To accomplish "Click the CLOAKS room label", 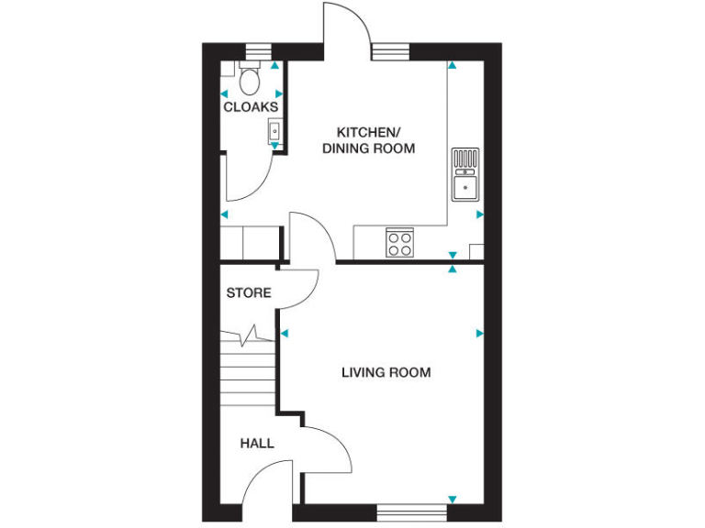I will pyautogui.click(x=251, y=107).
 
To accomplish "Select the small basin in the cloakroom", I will pyautogui.click(x=274, y=132).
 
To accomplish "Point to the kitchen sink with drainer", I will pyautogui.click(x=464, y=173).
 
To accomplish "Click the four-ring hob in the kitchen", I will pyautogui.click(x=399, y=243).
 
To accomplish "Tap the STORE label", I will pyautogui.click(x=249, y=293).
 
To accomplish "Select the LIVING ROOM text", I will pyautogui.click(x=386, y=372).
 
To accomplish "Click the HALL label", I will pyautogui.click(x=257, y=444).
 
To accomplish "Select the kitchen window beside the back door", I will pyautogui.click(x=389, y=51).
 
